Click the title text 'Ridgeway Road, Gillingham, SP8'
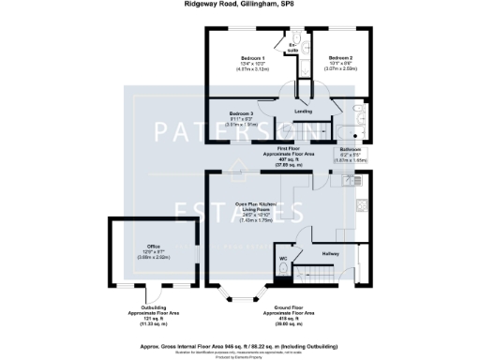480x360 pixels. pyautogui.click(x=240, y=5)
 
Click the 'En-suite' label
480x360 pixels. pyautogui.click(x=292, y=46)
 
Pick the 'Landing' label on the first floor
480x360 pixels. pyautogui.click(x=303, y=112)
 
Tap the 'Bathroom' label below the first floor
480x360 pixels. pyautogui.click(x=350, y=149)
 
